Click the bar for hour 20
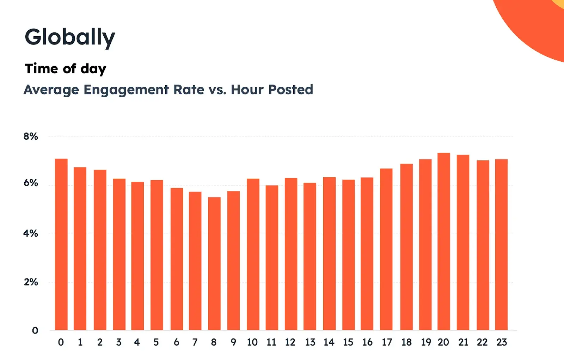coord(443,242)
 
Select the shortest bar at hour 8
coord(214,264)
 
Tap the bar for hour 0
coord(61,244)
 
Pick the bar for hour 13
coord(309,256)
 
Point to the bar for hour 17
coord(386,249)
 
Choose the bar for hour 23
coord(501,245)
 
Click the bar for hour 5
coord(157,255)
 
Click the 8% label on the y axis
coord(31,136)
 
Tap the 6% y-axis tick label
coord(31,183)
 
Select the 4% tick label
coord(31,233)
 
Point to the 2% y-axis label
coord(31,282)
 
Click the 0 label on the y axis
coord(35,331)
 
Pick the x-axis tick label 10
coord(252,342)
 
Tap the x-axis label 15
coord(348,342)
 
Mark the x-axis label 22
coord(482,342)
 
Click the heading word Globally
coord(70,37)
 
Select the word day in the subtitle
coord(93,69)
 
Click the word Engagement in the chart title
coord(126,90)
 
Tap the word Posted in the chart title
coord(290,90)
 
